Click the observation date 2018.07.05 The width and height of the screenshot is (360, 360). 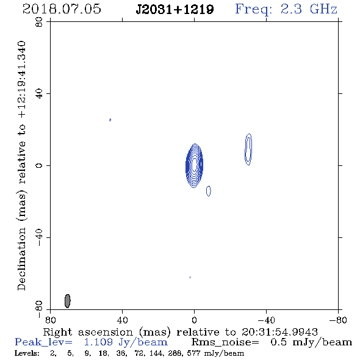click(x=62, y=9)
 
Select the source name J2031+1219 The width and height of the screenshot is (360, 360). click(x=175, y=10)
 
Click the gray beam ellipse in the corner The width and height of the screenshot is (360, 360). click(x=68, y=301)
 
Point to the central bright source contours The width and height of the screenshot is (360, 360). click(x=194, y=165)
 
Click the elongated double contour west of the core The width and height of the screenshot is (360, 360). click(x=248, y=149)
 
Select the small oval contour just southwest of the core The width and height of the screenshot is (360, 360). click(x=209, y=191)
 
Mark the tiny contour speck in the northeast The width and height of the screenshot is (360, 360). click(x=110, y=120)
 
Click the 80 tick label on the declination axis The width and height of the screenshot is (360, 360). click(x=39, y=22)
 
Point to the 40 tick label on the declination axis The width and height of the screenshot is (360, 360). click(x=39, y=94)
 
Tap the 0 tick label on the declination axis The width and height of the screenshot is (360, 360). click(x=39, y=165)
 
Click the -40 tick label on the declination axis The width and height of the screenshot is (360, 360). click(x=39, y=237)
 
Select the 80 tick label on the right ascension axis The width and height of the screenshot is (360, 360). click(x=50, y=320)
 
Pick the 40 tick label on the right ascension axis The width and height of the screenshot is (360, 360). click(x=122, y=320)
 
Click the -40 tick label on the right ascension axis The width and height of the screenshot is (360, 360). click(x=266, y=320)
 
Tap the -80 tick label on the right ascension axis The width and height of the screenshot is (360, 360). click(x=338, y=320)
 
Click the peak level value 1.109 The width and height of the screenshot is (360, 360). click(x=98, y=342)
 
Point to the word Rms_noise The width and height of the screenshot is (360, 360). click(x=225, y=342)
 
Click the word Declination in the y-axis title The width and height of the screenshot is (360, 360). click(x=21, y=259)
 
